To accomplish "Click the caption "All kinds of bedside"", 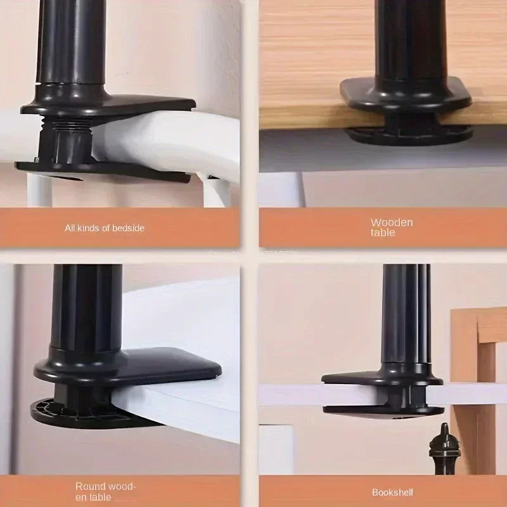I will tap(105, 227).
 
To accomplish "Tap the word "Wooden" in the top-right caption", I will tap(391, 222).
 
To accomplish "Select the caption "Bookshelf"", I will tap(392, 492).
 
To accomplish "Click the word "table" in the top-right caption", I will tap(383, 233).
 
